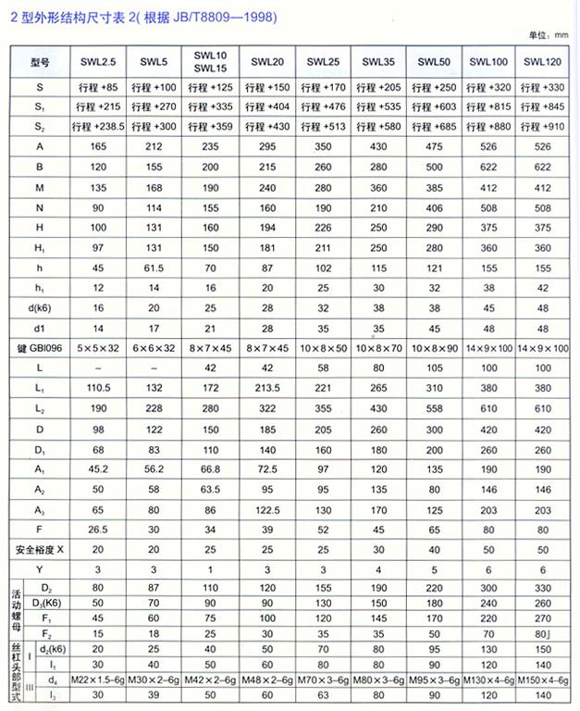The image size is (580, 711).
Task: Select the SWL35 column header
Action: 378,62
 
